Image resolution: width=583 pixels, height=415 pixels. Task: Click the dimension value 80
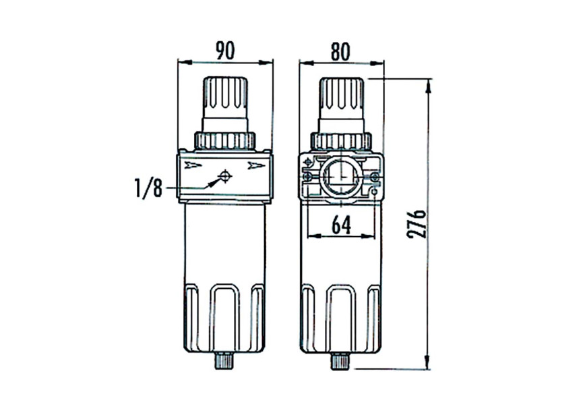coord(340,51)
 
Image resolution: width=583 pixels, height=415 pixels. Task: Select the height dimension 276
coord(417,224)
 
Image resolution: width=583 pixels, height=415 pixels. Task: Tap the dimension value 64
coord(341,225)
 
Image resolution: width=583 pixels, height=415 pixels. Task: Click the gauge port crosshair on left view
coord(224,175)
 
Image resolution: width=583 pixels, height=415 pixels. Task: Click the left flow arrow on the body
coord(193,165)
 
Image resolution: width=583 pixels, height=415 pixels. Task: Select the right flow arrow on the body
coord(256,165)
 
